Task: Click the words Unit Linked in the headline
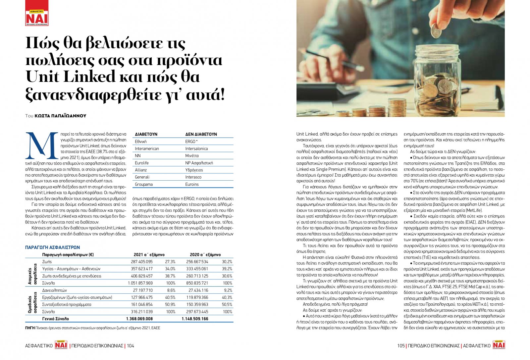pyautogui.click(x=70, y=77)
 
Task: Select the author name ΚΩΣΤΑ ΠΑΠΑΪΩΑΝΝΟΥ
pyautogui.click(x=60, y=116)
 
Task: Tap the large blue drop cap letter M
pyautogui.click(x=41, y=146)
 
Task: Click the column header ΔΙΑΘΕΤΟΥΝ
pyautogui.click(x=146, y=134)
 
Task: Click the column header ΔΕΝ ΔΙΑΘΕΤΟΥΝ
pyautogui.click(x=201, y=134)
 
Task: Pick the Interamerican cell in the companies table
pyautogui.click(x=147, y=149)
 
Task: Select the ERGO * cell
pyautogui.click(x=191, y=142)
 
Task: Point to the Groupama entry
pyautogui.click(x=144, y=184)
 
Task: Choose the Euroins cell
pyautogui.click(x=192, y=184)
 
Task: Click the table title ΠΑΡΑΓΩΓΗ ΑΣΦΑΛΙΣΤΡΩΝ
pyautogui.click(x=52, y=247)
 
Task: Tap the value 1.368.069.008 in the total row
pyautogui.click(x=139, y=319)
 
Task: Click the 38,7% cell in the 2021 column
pyautogui.click(x=170, y=276)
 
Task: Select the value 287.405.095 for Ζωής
pyautogui.click(x=142, y=262)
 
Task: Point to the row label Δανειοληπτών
pyautogui.click(x=55, y=290)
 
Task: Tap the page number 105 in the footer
pyautogui.click(x=401, y=346)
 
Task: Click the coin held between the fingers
pyautogui.click(x=436, y=32)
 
